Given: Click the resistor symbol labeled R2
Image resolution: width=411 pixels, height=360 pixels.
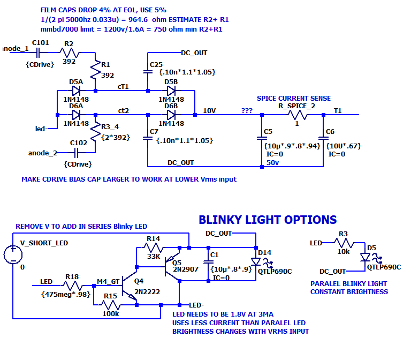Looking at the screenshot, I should point(68,52).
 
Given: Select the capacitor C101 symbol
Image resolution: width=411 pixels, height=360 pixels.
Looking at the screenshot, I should point(38,52).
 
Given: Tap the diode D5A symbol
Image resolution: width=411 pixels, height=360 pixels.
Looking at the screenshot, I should point(76,91).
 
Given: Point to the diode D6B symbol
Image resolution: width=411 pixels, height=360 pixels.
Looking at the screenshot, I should point(171,114).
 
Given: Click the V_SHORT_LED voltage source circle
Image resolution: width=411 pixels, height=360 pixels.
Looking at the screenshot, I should point(12,254).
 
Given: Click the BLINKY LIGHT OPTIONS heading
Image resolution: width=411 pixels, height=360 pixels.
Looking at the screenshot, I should point(268,220).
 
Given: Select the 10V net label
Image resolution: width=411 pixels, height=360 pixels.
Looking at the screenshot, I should point(209,110).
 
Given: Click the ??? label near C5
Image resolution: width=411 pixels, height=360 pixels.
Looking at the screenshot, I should point(247,110).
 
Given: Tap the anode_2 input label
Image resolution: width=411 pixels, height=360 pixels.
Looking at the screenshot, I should point(42,153).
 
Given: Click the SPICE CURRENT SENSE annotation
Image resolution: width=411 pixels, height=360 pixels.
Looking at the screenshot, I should point(293,99).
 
